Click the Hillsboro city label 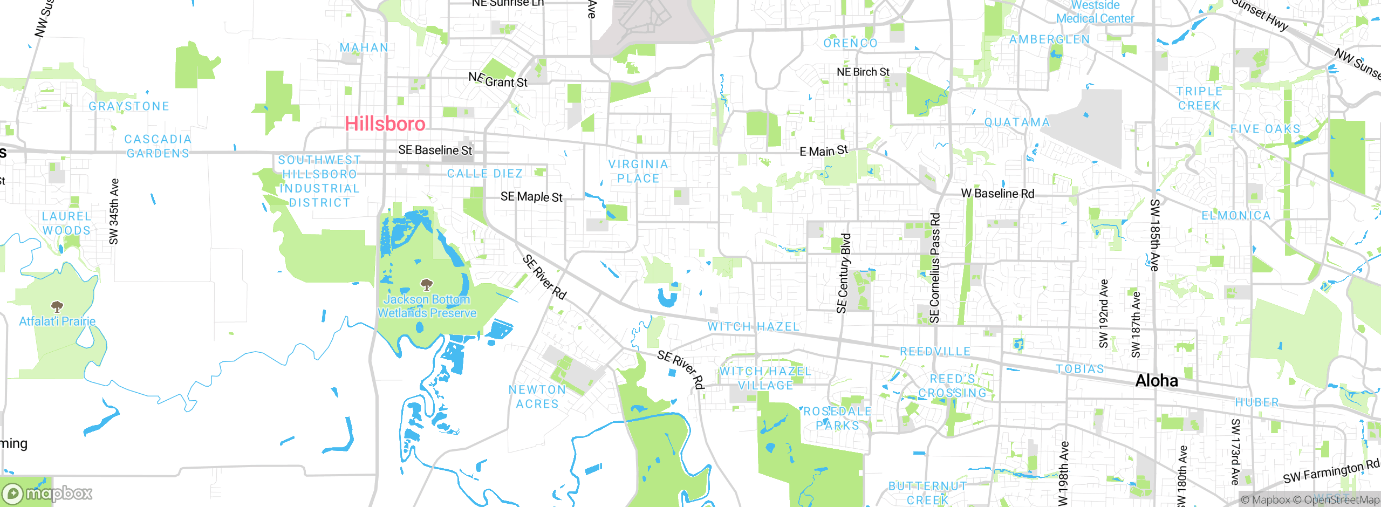(x=385, y=124)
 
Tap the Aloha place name (x=1157, y=381)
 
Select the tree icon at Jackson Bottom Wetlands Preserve (x=427, y=284)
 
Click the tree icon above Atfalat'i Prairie (x=57, y=307)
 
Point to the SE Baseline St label (x=435, y=150)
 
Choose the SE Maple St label (x=531, y=197)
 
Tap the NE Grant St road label (x=498, y=80)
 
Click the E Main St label (x=824, y=151)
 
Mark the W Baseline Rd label (x=997, y=194)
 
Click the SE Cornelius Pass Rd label (x=935, y=268)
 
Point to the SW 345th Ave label (x=114, y=211)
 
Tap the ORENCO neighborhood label (x=851, y=43)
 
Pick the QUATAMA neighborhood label (x=1017, y=122)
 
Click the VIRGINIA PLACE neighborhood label (x=638, y=171)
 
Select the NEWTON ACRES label (x=537, y=396)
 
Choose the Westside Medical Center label (x=1095, y=12)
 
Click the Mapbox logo (x=47, y=494)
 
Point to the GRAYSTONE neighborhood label (x=129, y=106)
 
